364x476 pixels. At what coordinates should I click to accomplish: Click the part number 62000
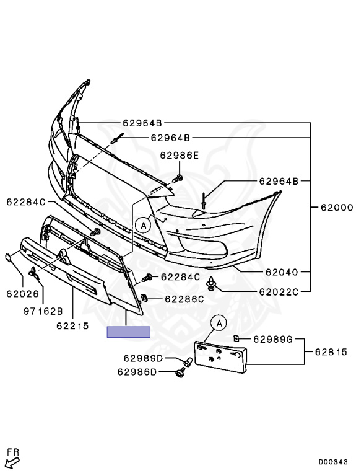point(337,208)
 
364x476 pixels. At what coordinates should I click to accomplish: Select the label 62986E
point(180,156)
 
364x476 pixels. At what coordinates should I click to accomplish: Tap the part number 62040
point(282,272)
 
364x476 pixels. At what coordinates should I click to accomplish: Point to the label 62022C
point(279,292)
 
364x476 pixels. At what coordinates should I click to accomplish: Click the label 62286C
point(184,299)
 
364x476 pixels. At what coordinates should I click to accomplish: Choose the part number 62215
point(73,326)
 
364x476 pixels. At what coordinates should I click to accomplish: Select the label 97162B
point(43,311)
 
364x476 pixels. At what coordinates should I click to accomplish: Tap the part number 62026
point(23,294)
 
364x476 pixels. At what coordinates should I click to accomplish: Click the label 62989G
point(273,339)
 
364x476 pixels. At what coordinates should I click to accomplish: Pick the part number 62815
point(331,352)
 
